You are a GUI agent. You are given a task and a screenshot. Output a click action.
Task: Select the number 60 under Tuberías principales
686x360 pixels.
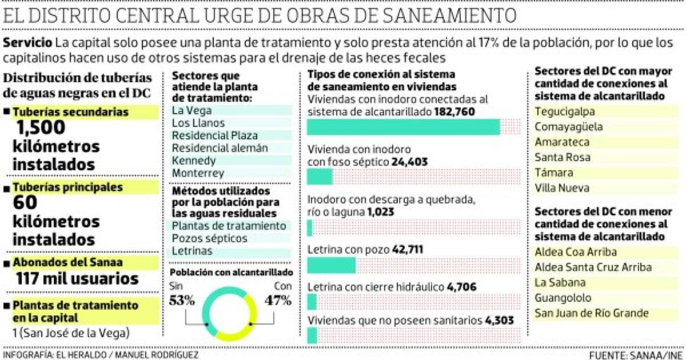[x=25, y=203]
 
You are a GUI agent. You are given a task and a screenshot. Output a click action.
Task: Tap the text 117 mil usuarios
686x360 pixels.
[x=77, y=279]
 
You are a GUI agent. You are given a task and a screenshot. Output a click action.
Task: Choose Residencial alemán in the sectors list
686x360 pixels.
[x=212, y=148]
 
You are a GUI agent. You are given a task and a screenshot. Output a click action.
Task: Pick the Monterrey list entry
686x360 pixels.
[x=198, y=173]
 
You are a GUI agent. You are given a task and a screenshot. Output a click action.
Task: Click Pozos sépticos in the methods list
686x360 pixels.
[x=209, y=238]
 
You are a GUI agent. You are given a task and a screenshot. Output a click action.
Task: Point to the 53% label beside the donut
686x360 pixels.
[x=182, y=299]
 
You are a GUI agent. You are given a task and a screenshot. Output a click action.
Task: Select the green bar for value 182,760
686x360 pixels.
[x=404, y=127]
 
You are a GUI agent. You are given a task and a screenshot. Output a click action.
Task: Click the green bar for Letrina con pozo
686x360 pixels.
[x=332, y=266]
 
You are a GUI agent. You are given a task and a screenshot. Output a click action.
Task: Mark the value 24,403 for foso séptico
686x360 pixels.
[x=409, y=162]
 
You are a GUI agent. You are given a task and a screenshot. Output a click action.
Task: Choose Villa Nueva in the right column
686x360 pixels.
[x=561, y=188]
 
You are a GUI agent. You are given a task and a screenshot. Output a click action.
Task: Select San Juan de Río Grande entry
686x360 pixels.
[x=591, y=313]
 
